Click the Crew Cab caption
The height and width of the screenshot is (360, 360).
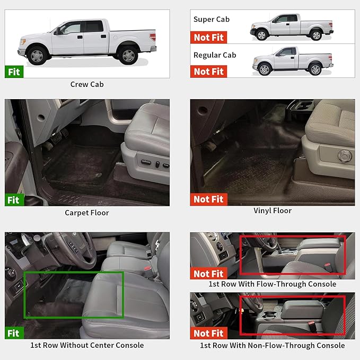87,84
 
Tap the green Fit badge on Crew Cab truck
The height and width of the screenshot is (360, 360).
14,72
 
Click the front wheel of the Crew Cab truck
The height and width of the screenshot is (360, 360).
37,55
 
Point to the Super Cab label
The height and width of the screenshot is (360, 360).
211,20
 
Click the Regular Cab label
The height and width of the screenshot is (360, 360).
214,55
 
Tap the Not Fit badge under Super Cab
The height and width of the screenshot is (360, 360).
208,37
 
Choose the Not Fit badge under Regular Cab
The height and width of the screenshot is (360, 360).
208,72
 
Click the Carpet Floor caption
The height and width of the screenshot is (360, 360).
87,213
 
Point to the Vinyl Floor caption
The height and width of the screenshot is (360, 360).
273,210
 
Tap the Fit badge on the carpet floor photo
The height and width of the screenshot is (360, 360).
14,200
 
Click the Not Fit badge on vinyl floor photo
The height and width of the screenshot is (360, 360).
208,199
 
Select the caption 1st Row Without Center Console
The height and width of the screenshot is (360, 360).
87,345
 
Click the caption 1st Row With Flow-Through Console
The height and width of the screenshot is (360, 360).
273,284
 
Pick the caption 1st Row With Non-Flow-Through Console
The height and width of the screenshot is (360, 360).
273,345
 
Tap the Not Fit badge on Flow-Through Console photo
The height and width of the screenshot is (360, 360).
208,274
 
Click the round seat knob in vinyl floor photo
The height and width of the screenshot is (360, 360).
344,156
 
